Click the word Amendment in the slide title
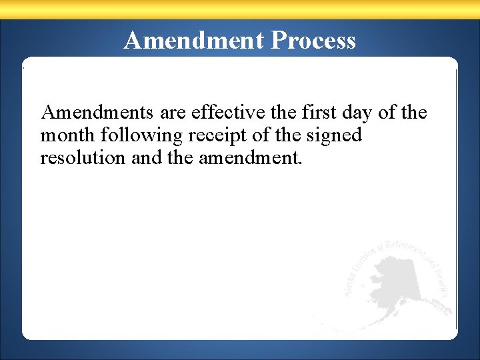[x=194, y=41]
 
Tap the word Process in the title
[x=313, y=41]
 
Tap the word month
[x=68, y=135]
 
